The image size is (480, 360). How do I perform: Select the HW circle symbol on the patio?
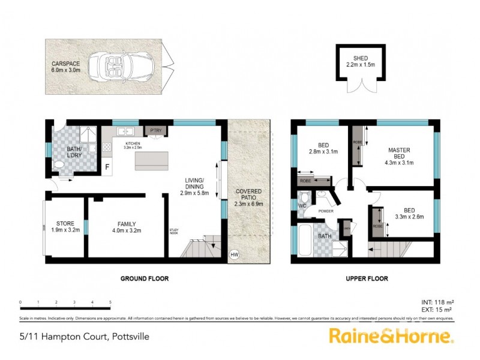point(234,254)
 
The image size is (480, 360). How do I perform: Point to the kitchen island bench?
point(153,161)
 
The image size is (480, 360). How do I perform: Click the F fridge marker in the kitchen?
point(107,166)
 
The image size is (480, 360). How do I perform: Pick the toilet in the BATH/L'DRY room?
point(59,164)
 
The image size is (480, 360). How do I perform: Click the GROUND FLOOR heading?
point(144,278)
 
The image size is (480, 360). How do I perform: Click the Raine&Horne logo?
point(390,335)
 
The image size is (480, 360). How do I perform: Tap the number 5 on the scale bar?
point(110,302)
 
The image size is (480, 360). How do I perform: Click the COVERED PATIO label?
point(248,196)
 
